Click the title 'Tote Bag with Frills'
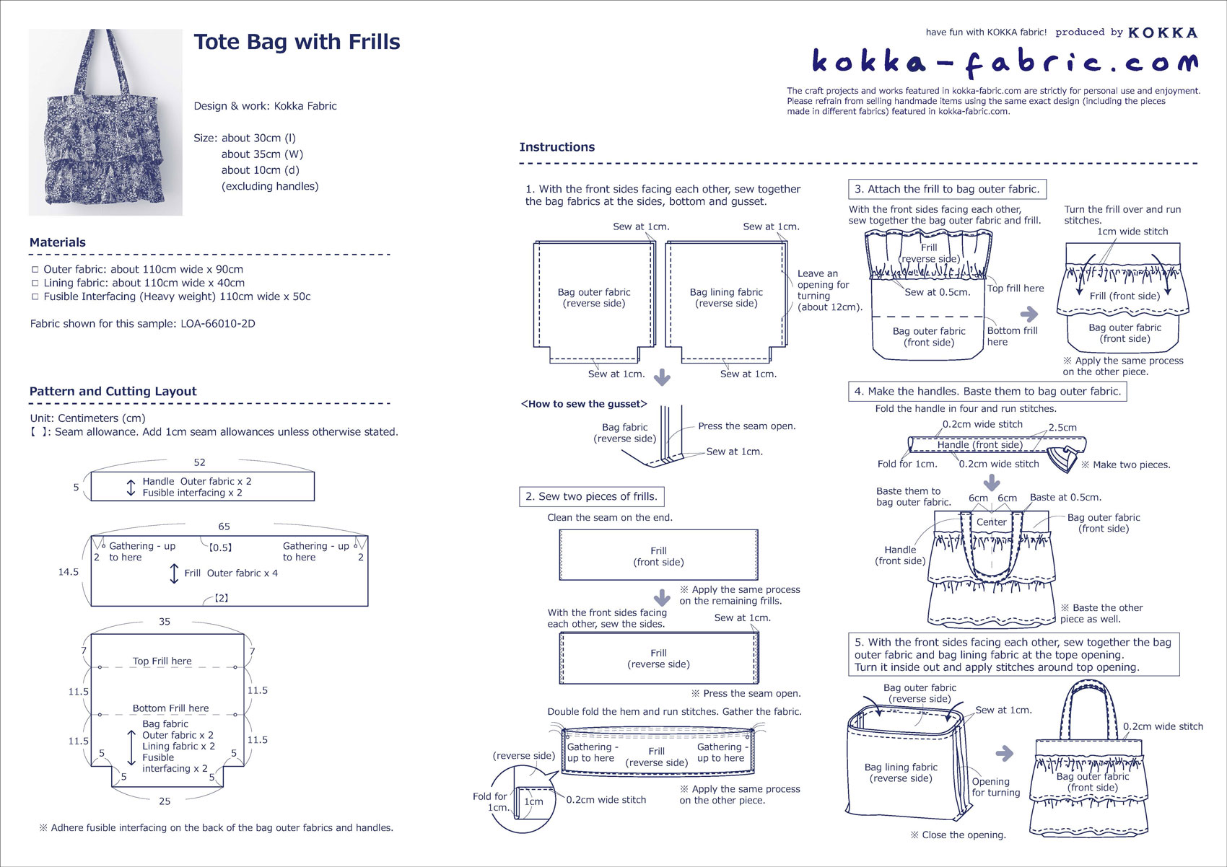[297, 42]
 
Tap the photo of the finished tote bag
[105, 122]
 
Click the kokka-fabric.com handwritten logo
[1005, 63]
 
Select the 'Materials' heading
[58, 242]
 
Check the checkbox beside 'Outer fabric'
[35, 269]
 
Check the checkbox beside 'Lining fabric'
[35, 283]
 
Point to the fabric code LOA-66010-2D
[218, 323]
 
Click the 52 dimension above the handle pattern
[199, 462]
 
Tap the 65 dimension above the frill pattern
[224, 527]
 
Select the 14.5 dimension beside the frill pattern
[69, 572]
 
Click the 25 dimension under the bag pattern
[165, 801]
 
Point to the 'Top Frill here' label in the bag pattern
[162, 661]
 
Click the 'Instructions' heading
[557, 146]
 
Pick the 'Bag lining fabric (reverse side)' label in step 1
[726, 298]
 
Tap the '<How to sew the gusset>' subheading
[584, 404]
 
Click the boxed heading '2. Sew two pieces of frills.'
[592, 496]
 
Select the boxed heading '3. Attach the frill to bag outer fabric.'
[947, 190]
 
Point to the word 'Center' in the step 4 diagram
[992, 522]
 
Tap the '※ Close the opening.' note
[958, 835]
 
